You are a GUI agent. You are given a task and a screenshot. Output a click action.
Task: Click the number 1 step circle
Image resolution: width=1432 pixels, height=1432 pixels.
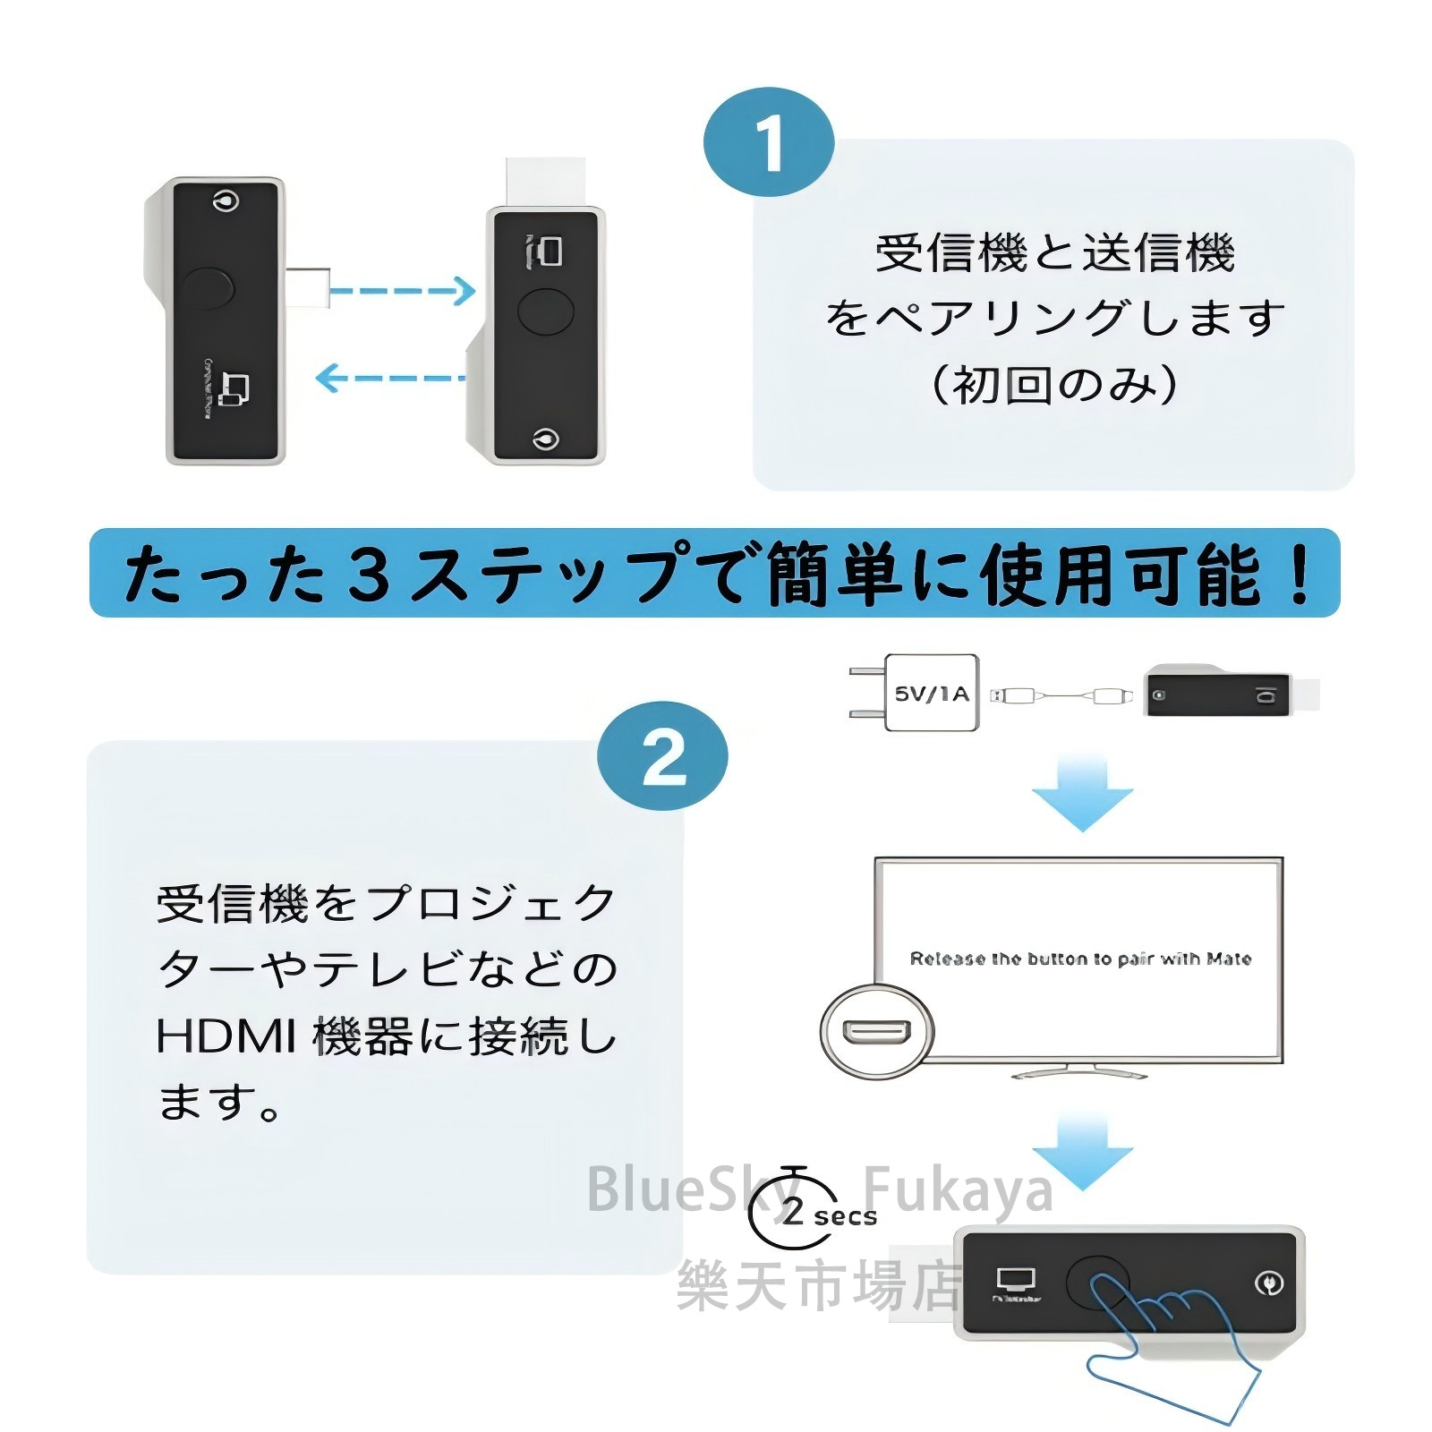click(x=768, y=143)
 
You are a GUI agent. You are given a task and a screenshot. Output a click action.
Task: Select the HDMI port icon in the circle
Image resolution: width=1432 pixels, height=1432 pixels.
click(x=876, y=1032)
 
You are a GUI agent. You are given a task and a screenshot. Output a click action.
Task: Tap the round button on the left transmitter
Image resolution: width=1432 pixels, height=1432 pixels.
click(x=207, y=287)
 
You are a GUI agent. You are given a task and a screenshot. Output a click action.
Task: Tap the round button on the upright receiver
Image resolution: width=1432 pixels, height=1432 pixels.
click(x=545, y=311)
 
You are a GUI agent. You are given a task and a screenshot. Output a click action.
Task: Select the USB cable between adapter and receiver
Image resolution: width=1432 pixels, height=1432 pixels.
click(x=1061, y=695)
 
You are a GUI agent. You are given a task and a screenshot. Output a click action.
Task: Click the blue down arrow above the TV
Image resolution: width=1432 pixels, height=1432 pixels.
click(x=1082, y=793)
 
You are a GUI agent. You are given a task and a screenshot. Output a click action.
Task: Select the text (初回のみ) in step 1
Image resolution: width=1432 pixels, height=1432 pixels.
click(x=1053, y=385)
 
